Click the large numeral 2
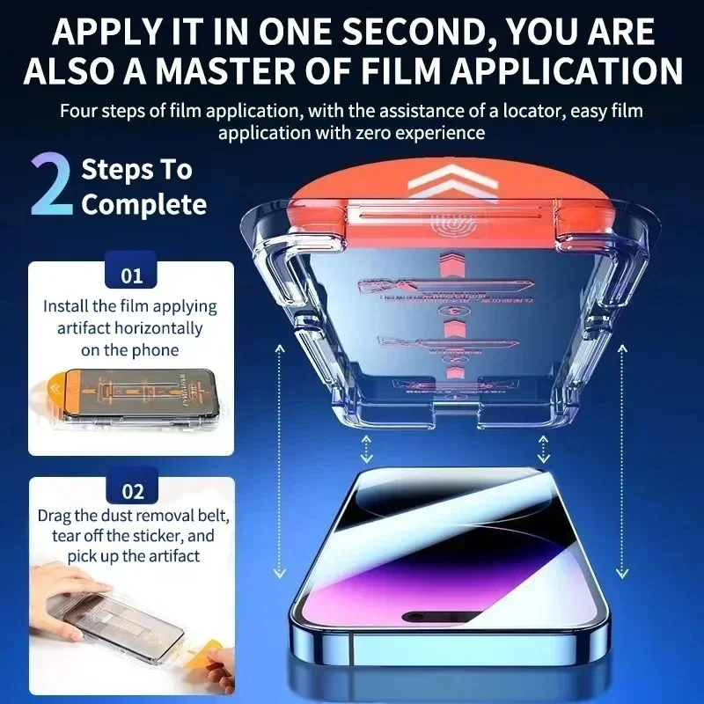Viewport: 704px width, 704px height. [x=52, y=187]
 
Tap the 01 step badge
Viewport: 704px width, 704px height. [x=131, y=276]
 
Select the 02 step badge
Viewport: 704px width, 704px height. [x=131, y=491]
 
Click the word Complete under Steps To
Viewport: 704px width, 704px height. [x=143, y=205]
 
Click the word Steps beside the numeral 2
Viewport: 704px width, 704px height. [x=111, y=170]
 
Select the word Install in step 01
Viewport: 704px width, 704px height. [x=65, y=307]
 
